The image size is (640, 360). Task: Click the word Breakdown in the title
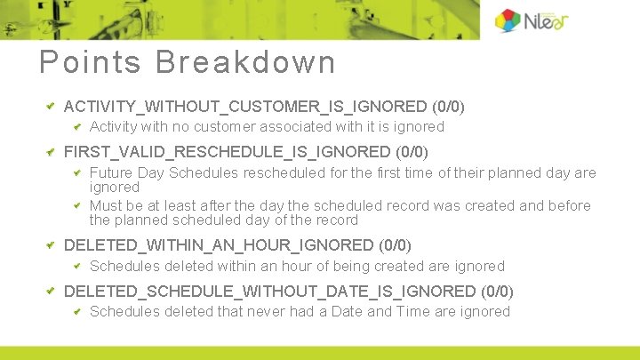tap(246, 63)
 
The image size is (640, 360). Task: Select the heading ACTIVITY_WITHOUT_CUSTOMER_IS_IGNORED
tap(245, 107)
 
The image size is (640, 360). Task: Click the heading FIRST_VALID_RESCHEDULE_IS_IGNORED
tap(228, 152)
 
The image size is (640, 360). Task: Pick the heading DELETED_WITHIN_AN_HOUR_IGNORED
tap(219, 244)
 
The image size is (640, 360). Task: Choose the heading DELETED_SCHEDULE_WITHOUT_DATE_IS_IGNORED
tap(270, 291)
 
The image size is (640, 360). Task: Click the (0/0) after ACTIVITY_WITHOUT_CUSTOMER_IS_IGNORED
tap(448, 107)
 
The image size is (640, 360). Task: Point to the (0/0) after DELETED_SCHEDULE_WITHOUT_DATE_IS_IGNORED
tap(497, 291)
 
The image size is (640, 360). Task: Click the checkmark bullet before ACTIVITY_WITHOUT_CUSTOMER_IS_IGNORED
tap(51, 106)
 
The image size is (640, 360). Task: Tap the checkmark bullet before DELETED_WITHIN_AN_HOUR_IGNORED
tap(51, 244)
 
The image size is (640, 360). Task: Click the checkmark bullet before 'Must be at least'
tap(77, 204)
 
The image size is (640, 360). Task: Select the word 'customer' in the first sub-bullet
tap(251, 127)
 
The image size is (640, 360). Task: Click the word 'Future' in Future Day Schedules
tap(112, 173)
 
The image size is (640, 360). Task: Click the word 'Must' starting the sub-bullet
tap(107, 206)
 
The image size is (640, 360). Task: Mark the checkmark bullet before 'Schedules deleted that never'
tap(77, 310)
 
